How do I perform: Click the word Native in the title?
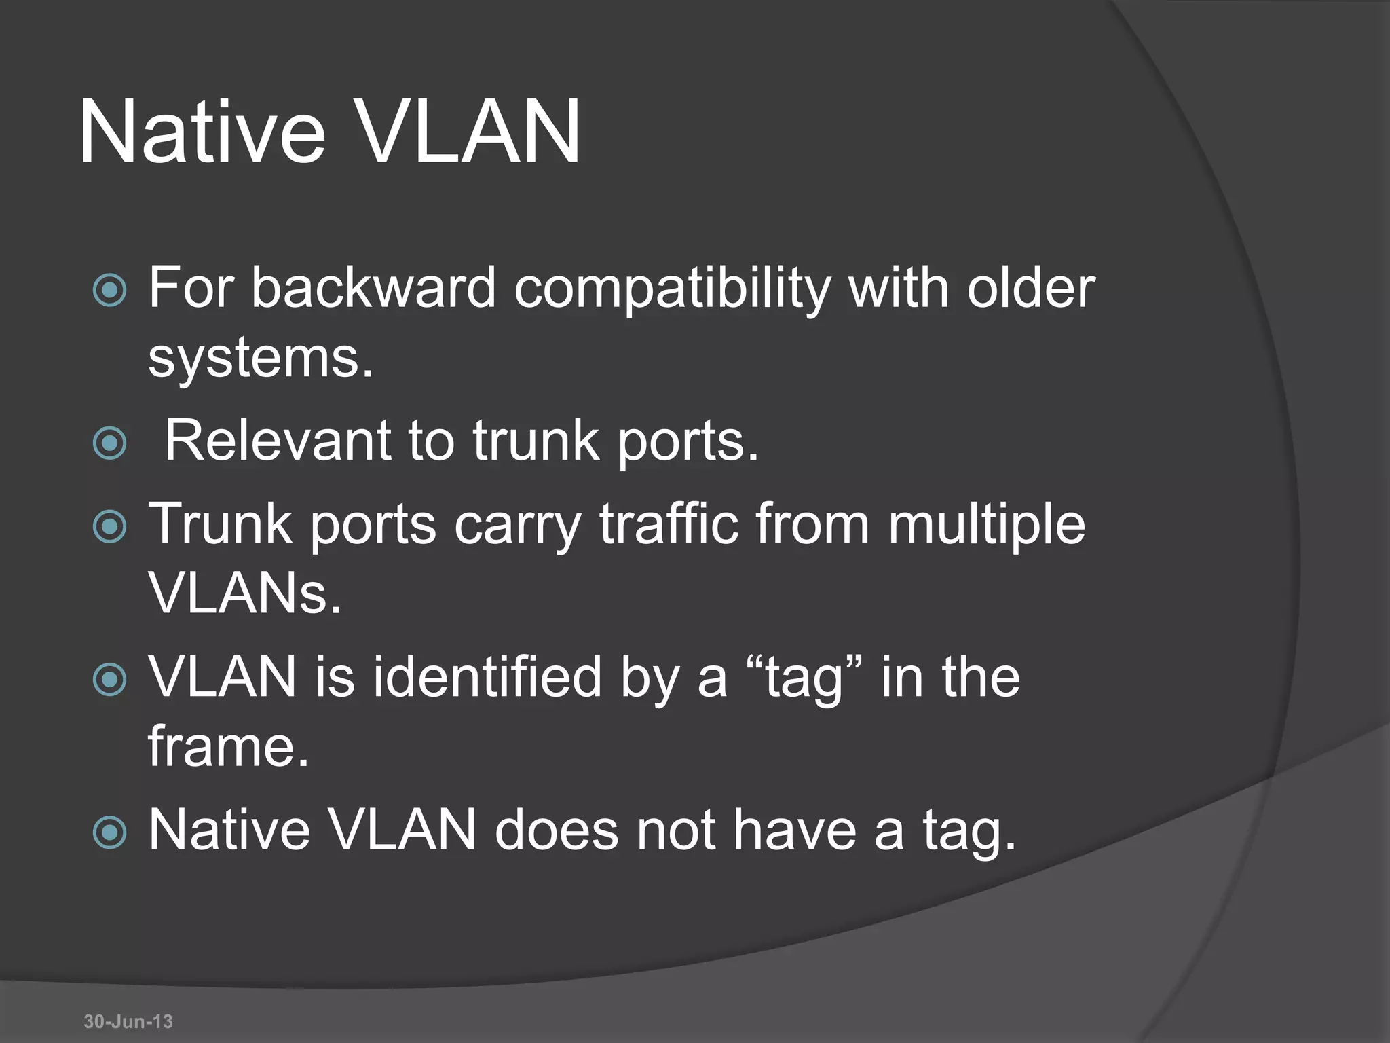pos(202,132)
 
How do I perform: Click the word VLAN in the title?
pos(468,132)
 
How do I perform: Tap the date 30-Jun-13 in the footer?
pos(128,1021)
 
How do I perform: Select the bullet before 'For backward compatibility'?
pos(109,291)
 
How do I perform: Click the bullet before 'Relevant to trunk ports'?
pos(109,443)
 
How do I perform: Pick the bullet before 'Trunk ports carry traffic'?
pos(109,527)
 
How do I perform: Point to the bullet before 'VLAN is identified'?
pos(109,680)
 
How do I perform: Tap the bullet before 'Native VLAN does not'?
pos(109,832)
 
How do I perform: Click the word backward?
pos(374,288)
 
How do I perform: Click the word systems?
pos(261,359)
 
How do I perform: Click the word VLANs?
pos(244,593)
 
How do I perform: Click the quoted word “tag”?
pos(804,678)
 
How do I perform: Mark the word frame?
pos(228,746)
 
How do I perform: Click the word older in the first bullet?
pos(1031,288)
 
